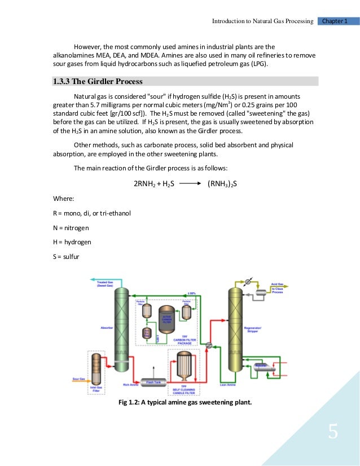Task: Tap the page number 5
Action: [333, 433]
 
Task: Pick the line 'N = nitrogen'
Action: [71, 227]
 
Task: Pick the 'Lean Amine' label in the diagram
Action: [227, 386]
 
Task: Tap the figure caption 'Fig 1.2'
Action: [185, 402]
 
